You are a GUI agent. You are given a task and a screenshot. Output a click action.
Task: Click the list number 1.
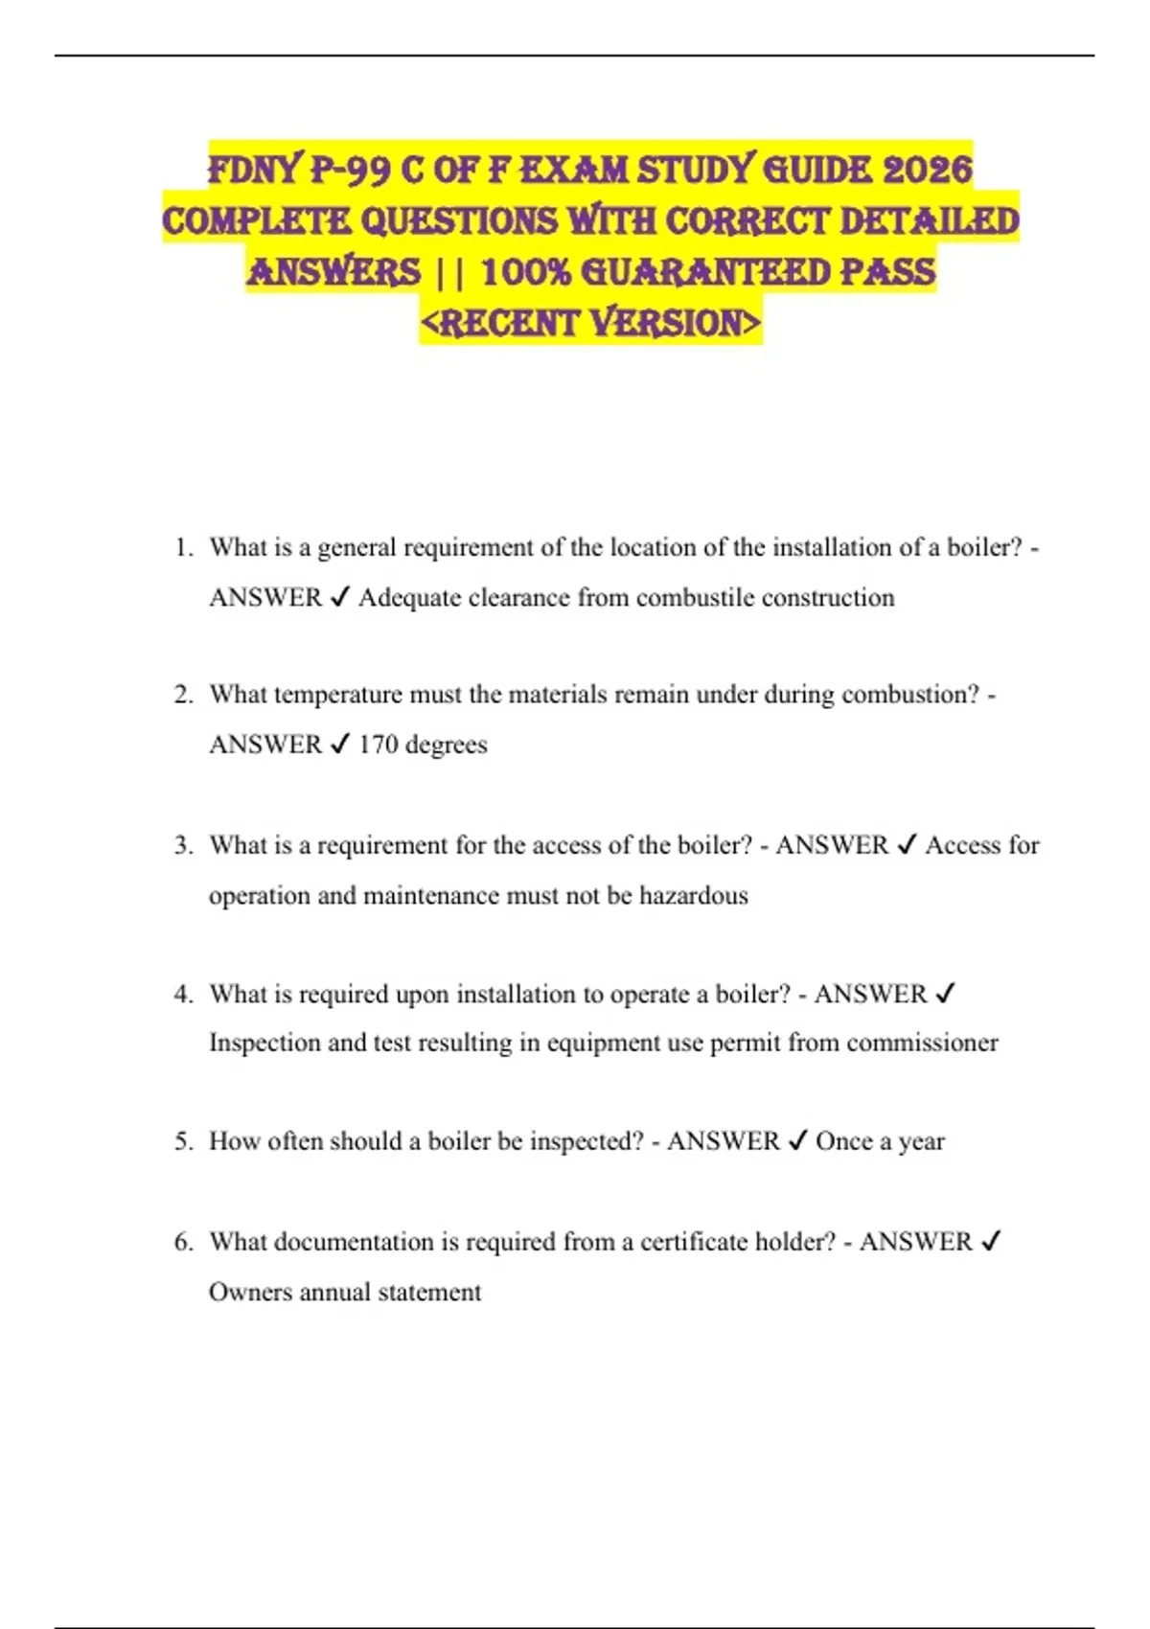183,548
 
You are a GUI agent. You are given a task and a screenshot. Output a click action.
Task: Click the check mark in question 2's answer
339,745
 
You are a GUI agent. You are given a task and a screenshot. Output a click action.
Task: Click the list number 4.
183,994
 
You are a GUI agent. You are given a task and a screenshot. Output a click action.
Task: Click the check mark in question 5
797,1141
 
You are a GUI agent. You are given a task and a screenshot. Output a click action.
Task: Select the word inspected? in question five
586,1141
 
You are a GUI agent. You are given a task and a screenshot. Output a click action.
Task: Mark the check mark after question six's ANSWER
991,1242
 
